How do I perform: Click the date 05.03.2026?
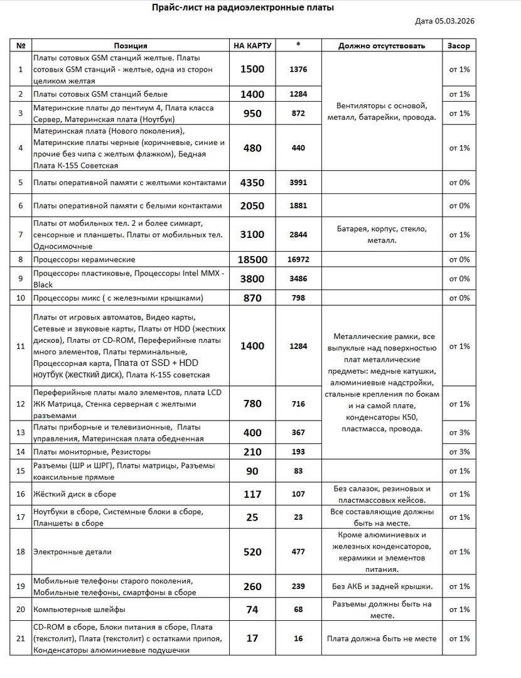point(444,21)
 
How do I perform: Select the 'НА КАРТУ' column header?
point(252,46)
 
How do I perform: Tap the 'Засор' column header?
point(458,46)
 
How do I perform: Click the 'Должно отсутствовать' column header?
point(381,46)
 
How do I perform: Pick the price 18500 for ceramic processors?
point(252,259)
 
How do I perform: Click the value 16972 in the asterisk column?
point(298,259)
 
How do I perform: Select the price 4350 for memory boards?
point(252,183)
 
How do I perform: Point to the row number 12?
point(21,404)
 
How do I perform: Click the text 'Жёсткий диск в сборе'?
point(74,494)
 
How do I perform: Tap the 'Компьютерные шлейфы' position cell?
point(78,610)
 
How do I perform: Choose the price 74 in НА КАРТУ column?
point(252,610)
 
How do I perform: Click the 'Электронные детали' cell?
point(72,552)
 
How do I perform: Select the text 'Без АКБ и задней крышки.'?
point(382,586)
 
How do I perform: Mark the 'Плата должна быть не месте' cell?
point(381,638)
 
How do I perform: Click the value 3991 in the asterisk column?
point(298,183)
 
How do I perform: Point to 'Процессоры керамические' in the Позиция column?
point(83,259)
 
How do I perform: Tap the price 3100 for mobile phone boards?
point(252,235)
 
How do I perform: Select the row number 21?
point(21,638)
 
